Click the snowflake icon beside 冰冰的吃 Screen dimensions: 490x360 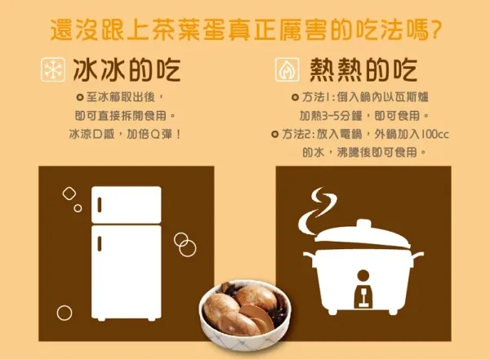53,69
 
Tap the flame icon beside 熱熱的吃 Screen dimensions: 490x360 287,69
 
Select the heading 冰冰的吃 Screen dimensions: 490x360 127,69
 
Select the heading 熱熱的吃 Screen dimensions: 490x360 363,69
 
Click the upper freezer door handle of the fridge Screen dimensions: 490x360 100,205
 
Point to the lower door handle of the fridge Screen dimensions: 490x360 100,244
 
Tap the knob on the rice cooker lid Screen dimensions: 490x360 363,224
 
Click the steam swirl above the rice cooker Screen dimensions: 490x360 316,210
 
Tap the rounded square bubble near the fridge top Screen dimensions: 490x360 69,193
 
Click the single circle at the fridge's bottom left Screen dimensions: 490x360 65,313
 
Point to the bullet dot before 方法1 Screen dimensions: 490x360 294,97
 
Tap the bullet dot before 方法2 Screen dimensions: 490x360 274,135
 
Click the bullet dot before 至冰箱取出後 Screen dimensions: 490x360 80,97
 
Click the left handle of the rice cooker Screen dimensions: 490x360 310,257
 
